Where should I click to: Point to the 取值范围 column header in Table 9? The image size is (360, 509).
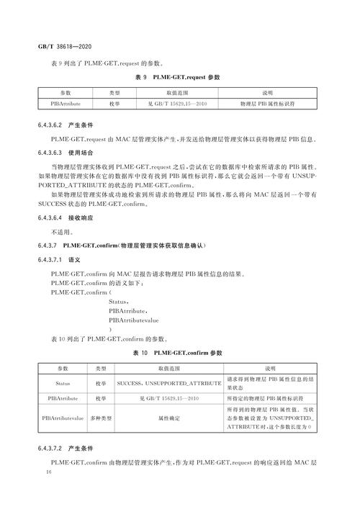click(176, 93)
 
